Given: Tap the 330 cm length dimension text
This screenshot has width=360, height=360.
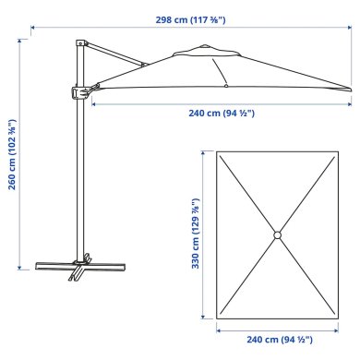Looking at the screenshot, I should [195, 237].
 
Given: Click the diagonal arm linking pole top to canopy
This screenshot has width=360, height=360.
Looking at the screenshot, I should [115, 54].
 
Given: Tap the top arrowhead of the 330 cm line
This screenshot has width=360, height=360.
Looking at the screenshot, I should [205, 150].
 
